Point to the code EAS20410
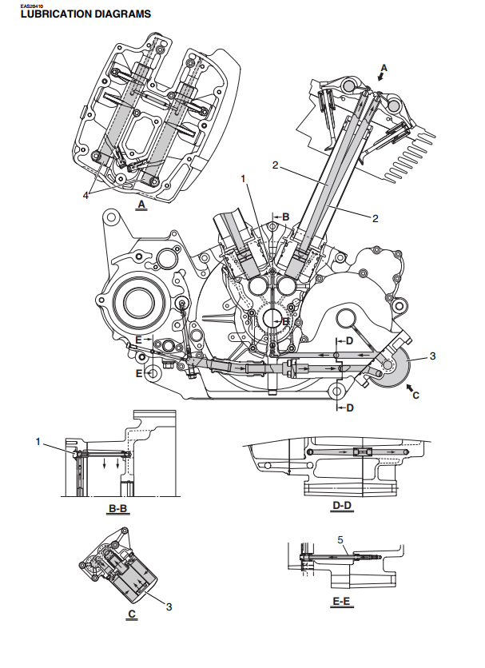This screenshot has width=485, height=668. (x=19, y=6)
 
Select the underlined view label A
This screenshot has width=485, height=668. (x=141, y=205)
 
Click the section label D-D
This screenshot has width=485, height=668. (x=342, y=505)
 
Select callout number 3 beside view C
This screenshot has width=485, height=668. (x=169, y=606)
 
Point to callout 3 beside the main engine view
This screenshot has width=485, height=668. (x=432, y=356)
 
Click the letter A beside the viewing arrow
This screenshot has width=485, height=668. (x=384, y=69)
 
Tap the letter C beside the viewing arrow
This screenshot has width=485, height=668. (x=415, y=394)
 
